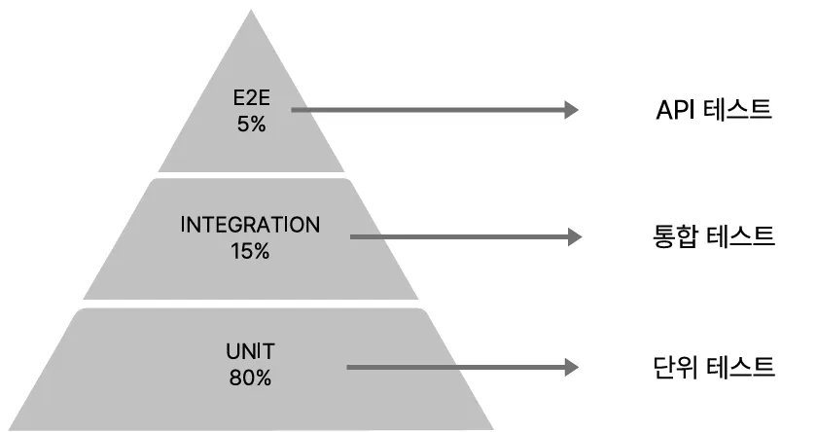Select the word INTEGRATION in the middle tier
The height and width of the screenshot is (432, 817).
tap(250, 225)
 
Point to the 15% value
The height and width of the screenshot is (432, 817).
tap(250, 251)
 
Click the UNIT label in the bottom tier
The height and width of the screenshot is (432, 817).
tap(250, 351)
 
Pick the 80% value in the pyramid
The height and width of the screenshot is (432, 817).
tap(250, 378)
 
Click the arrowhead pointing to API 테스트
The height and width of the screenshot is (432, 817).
tap(572, 111)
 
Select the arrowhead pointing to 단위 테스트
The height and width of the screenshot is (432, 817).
tap(572, 368)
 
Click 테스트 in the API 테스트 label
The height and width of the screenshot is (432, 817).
tap(738, 109)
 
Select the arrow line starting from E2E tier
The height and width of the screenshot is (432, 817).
tap(428, 111)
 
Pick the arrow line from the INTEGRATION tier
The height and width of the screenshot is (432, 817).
tap(457, 236)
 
